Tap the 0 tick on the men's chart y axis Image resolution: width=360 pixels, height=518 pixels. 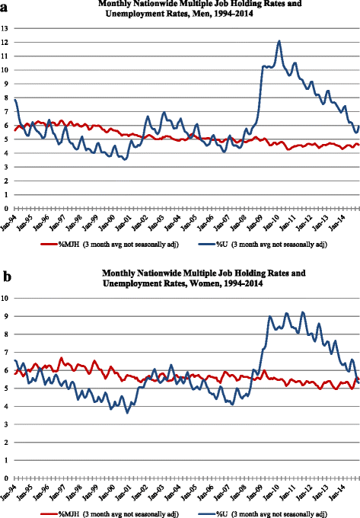click(x=7, y=208)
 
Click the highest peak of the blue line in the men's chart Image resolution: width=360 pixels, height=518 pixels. click(x=279, y=41)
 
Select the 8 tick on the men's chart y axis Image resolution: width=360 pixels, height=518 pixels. click(x=7, y=98)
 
